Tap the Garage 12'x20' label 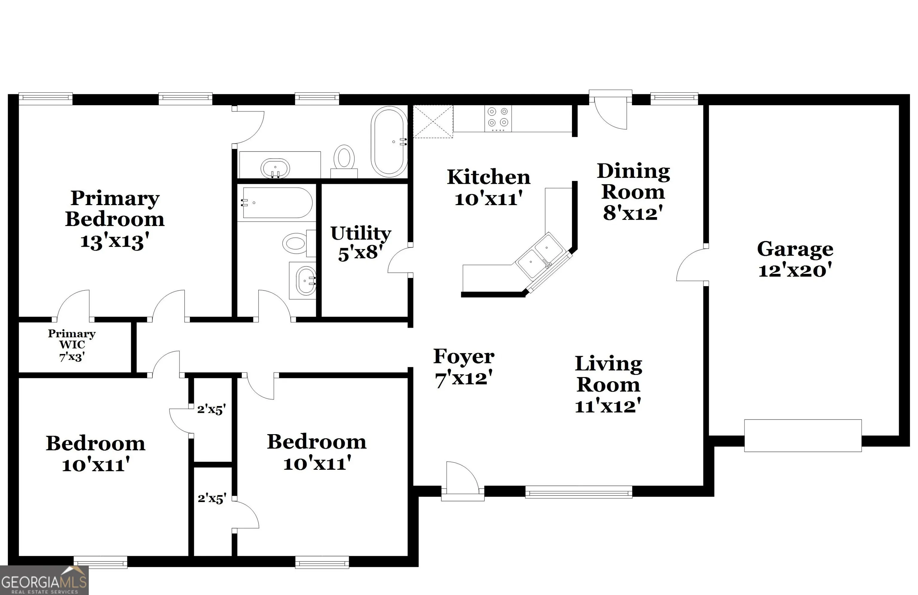795,259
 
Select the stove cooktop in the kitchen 498,118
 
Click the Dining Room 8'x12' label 633,192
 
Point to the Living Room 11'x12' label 608,385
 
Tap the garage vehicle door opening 803,436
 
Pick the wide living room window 579,492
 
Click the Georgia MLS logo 44,580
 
